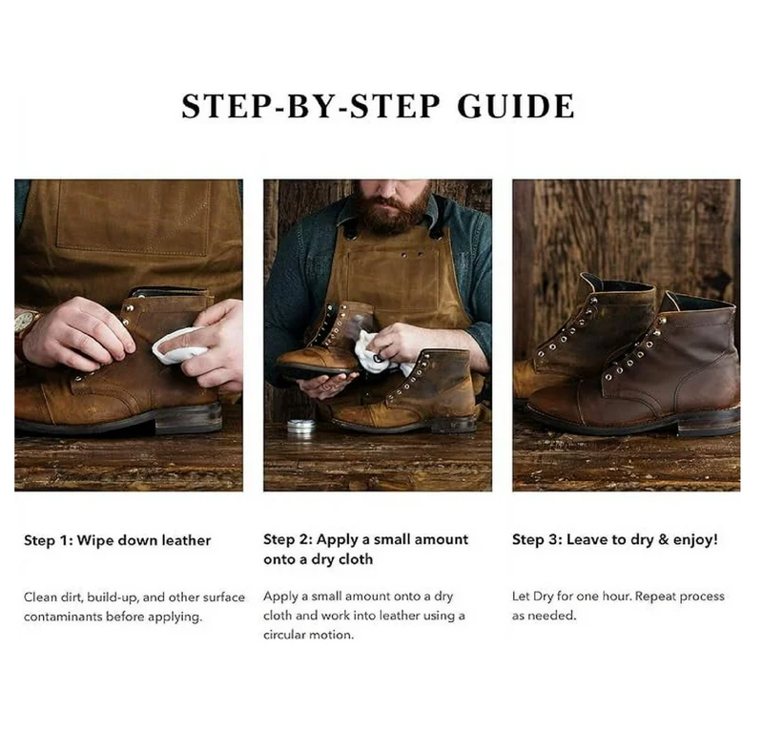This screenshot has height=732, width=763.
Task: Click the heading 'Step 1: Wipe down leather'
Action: point(117,540)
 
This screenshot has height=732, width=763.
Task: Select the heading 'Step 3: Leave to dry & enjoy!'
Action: point(615,540)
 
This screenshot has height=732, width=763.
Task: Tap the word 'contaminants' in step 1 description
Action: point(61,617)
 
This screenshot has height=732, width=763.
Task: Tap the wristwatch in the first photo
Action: point(25,324)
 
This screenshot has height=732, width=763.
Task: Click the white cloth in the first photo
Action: point(178,345)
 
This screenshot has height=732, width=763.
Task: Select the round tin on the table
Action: point(302,428)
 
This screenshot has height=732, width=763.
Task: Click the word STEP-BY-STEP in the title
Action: point(311,106)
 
